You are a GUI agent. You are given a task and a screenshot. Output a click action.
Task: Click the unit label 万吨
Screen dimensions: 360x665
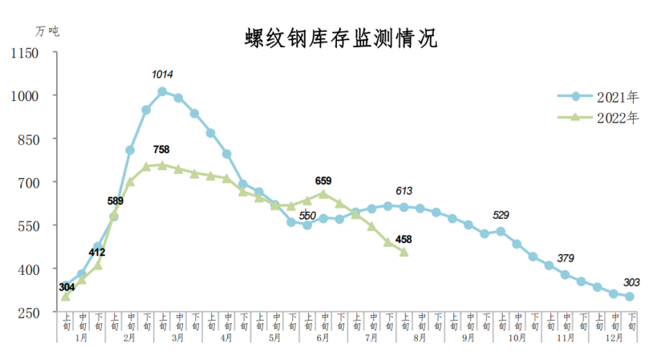coord(47,31)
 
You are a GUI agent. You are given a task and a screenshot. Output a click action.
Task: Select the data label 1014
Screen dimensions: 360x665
coord(162,75)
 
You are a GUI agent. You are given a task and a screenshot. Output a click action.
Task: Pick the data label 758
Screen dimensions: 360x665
coord(161,149)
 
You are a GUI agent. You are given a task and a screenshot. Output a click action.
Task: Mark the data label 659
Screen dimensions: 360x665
coord(323,180)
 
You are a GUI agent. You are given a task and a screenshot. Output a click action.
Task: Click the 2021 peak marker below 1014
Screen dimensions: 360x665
coord(162,91)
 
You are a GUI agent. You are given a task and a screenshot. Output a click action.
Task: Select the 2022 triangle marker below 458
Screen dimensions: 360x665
coord(403,252)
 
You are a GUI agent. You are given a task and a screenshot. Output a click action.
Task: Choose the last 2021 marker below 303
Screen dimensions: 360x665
coord(630,297)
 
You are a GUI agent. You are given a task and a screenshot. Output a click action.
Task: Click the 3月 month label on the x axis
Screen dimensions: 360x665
coord(178,338)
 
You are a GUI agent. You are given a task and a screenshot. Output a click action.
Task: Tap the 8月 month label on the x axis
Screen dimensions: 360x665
coord(420,338)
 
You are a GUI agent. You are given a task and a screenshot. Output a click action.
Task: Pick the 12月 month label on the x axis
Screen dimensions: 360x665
coord(614,338)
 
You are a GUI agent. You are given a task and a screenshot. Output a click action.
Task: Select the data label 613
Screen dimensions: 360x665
coord(403,191)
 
